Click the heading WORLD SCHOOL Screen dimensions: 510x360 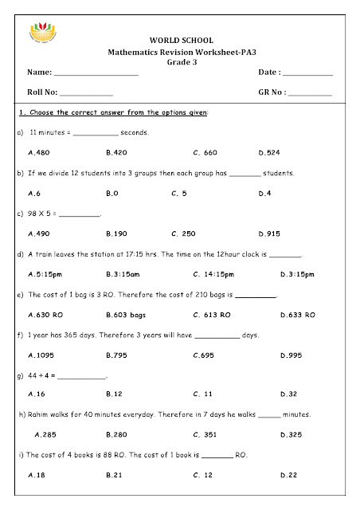180,40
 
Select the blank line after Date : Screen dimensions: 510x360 308,75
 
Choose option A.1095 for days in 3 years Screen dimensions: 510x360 41,356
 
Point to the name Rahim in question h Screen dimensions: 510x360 37,415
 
